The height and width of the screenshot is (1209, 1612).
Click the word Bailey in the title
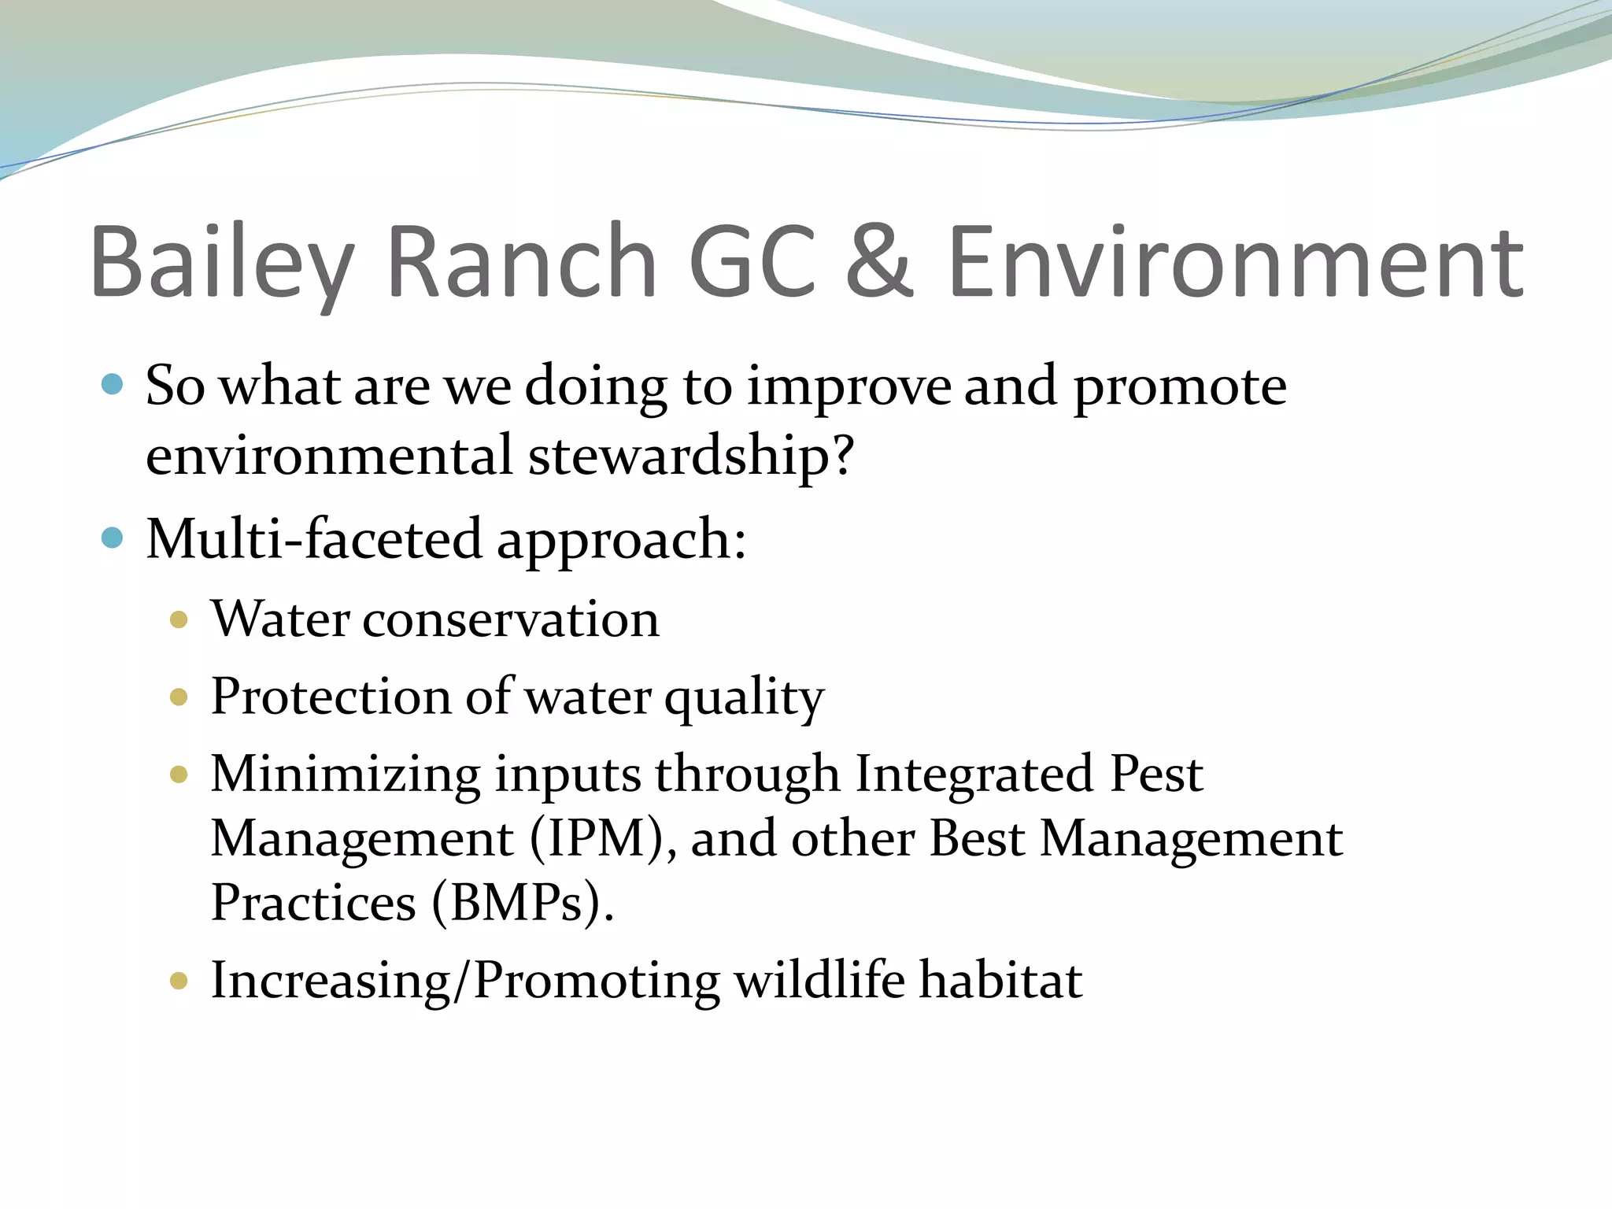pyautogui.click(x=222, y=264)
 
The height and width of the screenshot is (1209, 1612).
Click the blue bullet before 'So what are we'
pyautogui.click(x=113, y=385)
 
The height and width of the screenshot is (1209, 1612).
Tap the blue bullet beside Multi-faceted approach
pyautogui.click(x=113, y=538)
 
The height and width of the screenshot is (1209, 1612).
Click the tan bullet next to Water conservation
pyautogui.click(x=179, y=619)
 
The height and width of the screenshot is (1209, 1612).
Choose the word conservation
pyautogui.click(x=510, y=619)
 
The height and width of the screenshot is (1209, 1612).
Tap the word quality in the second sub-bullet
pyautogui.click(x=744, y=698)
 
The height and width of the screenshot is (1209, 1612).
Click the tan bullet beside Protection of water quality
pyautogui.click(x=179, y=697)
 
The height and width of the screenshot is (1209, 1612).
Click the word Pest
pyautogui.click(x=1155, y=774)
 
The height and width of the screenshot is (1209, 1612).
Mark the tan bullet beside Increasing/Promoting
pyautogui.click(x=179, y=981)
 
